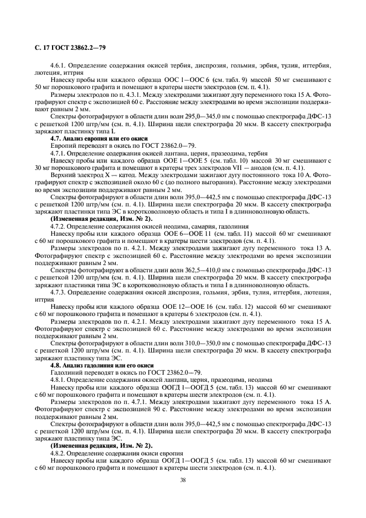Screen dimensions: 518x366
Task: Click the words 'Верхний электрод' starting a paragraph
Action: click(x=71, y=174)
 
